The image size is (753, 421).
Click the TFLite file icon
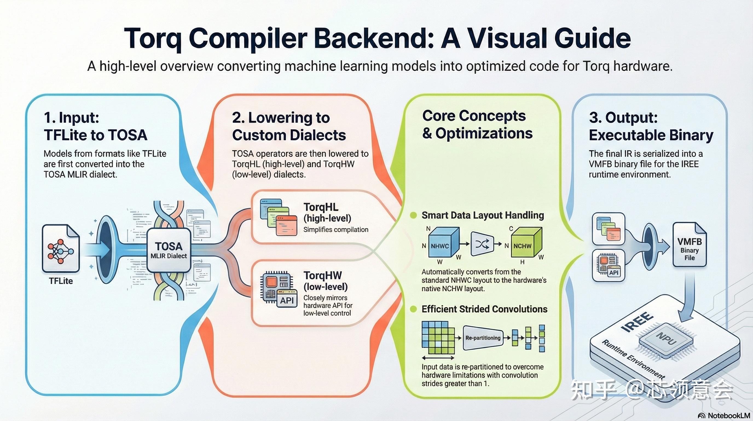pyautogui.click(x=61, y=249)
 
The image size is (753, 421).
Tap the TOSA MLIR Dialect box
pyautogui.click(x=169, y=250)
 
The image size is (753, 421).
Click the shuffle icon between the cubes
pyautogui.click(x=482, y=244)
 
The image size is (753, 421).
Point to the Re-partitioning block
pyautogui.click(x=483, y=338)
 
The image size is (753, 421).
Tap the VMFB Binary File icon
pyautogui.click(x=690, y=244)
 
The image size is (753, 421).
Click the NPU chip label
pyautogui.click(x=666, y=338)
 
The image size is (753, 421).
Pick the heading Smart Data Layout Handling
pyautogui.click(x=483, y=215)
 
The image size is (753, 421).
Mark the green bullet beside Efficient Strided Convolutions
pyautogui.click(x=413, y=309)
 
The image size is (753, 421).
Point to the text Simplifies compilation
pyautogui.click(x=335, y=229)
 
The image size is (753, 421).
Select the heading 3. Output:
pyautogui.click(x=623, y=117)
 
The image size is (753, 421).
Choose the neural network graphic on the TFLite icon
pyautogui.click(x=60, y=251)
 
